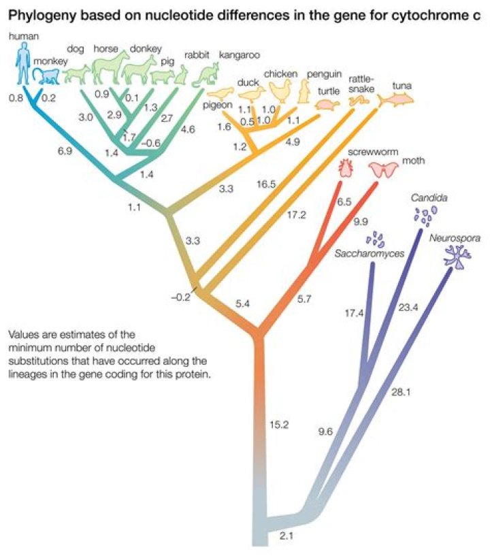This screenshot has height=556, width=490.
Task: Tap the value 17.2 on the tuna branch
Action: pos(298,215)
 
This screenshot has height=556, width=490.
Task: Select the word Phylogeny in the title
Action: pos(37,15)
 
